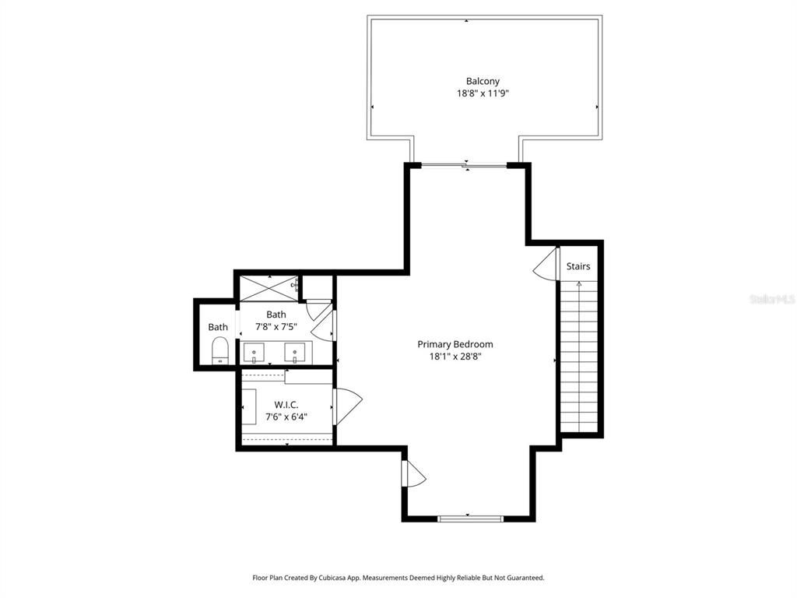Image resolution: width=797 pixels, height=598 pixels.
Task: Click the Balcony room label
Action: tap(483, 81)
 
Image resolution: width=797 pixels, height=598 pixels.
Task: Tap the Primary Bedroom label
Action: tap(455, 344)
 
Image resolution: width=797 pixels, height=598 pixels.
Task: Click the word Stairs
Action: tap(578, 266)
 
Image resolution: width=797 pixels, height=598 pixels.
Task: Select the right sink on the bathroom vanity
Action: tap(296, 353)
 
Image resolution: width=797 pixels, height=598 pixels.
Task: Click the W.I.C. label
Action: tap(286, 404)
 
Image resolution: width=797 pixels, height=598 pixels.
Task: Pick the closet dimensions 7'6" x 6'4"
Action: tap(286, 416)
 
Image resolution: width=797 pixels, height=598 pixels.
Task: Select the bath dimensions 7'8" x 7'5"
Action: tap(276, 327)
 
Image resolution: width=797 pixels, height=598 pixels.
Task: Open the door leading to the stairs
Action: tap(547, 265)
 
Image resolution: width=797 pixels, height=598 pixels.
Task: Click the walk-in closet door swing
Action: tap(348, 406)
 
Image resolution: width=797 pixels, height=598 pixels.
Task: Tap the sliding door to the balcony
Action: tap(465, 165)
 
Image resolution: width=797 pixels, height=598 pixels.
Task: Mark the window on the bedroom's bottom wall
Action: tap(469, 518)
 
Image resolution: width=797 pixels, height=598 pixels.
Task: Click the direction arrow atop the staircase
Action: tap(578, 285)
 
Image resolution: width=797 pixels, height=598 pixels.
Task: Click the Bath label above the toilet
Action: tap(218, 327)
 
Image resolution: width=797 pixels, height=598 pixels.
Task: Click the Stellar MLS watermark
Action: tap(771, 299)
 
